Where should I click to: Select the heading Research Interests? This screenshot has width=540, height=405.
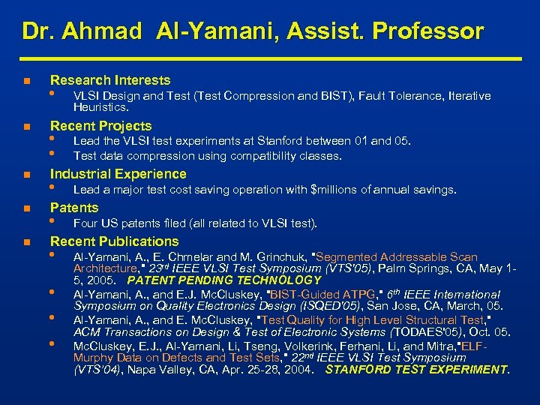pyautogui.click(x=109, y=80)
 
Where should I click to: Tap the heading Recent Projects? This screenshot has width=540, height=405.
pyautogui.click(x=100, y=126)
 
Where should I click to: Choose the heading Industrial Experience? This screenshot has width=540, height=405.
pyautogui.click(x=118, y=174)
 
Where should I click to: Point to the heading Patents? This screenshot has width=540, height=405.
pyautogui.click(x=73, y=208)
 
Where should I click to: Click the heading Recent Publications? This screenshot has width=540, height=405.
pyautogui.click(x=114, y=241)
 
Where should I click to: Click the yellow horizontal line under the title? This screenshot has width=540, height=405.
pyautogui.click(x=270, y=58)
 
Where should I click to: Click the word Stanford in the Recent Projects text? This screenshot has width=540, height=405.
pyautogui.click(x=280, y=141)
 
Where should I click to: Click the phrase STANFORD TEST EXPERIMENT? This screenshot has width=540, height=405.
pyautogui.click(x=417, y=369)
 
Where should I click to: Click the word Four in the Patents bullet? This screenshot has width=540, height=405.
pyautogui.click(x=86, y=223)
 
